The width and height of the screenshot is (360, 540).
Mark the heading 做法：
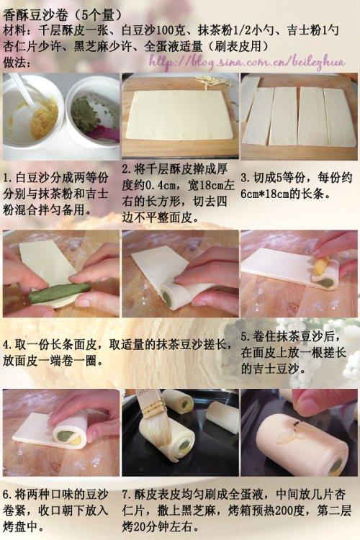click(16, 63)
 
